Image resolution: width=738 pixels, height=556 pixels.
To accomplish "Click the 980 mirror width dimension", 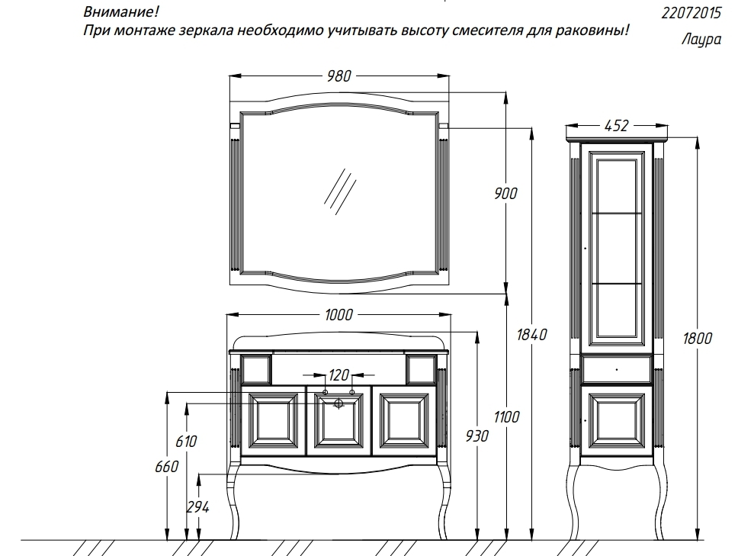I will (339, 76).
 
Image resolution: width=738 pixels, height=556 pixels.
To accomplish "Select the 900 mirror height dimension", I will (505, 193).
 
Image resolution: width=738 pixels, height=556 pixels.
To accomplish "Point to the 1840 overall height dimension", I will (531, 334).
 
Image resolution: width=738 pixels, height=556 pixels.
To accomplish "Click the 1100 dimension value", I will (505, 416).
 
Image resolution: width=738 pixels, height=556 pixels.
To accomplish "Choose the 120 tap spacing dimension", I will (339, 374).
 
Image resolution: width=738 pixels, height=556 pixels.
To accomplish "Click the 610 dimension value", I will (186, 441).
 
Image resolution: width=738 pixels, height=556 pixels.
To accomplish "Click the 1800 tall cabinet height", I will (697, 338).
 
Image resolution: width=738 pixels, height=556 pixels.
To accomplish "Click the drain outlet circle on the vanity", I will (339, 404).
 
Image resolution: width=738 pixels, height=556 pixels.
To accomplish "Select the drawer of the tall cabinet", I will (616, 368).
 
